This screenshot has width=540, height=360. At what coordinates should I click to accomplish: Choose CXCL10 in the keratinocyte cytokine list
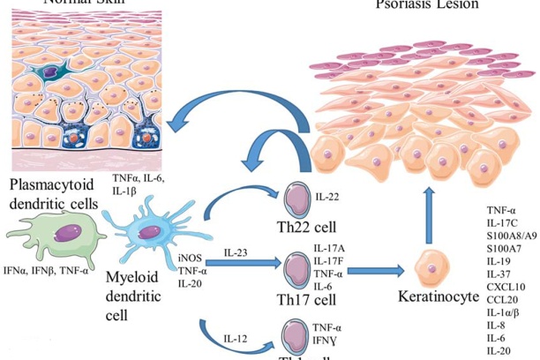point(506,287)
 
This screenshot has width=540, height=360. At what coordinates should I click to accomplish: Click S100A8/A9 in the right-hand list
point(513,236)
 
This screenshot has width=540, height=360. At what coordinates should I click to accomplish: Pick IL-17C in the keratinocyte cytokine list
point(504,224)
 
